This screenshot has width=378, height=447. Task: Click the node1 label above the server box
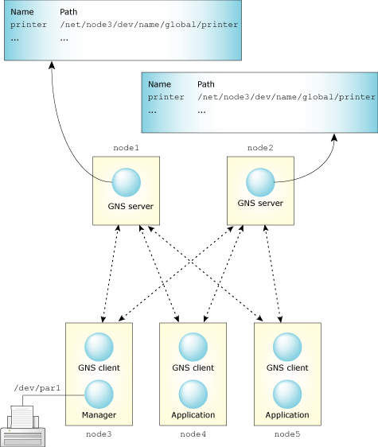pyautogui.click(x=126, y=148)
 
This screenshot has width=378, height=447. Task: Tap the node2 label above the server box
pyautogui.click(x=260, y=148)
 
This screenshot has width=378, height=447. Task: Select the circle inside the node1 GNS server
pyautogui.click(x=126, y=184)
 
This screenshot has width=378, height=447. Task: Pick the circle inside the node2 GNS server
pyautogui.click(x=260, y=184)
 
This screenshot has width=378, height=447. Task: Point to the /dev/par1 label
pyautogui.click(x=37, y=387)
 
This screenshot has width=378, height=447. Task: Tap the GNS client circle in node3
pyautogui.click(x=99, y=347)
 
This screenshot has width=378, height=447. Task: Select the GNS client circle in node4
pyautogui.click(x=193, y=347)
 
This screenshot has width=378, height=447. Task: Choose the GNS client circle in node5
pyautogui.click(x=286, y=347)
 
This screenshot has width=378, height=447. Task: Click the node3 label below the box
pyautogui.click(x=99, y=433)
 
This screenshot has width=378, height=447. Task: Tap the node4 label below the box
pyautogui.click(x=193, y=433)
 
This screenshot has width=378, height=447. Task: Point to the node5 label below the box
pyautogui.click(x=286, y=433)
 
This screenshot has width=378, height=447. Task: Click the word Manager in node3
pyautogui.click(x=99, y=415)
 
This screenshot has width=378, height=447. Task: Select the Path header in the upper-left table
pyautogui.click(x=68, y=13)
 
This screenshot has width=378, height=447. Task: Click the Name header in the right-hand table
pyautogui.click(x=159, y=84)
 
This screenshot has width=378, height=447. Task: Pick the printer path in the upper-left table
pyautogui.click(x=149, y=25)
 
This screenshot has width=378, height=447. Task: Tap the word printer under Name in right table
pyautogui.click(x=166, y=96)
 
